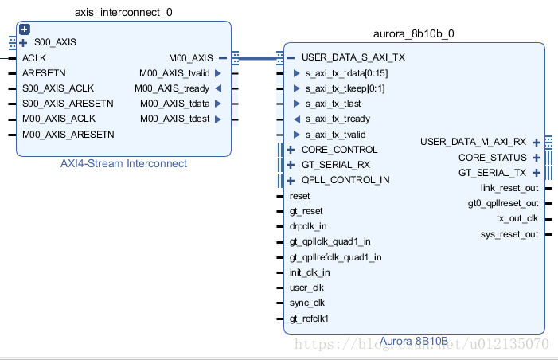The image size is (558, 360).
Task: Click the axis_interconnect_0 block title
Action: coord(123,13)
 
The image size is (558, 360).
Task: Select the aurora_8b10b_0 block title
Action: coord(413,33)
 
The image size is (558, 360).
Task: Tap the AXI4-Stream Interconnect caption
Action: coord(123,163)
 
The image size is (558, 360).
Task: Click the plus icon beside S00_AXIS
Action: coord(23,43)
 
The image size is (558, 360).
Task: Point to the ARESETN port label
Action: coord(44,73)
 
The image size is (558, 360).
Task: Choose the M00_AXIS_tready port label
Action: coord(172,88)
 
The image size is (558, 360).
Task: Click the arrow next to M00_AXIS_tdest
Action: coord(218,119)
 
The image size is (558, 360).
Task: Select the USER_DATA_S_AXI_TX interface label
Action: coord(353,57)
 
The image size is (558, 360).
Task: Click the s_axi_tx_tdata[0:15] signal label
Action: coord(346,73)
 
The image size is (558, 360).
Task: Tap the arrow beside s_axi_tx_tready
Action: coord(297,119)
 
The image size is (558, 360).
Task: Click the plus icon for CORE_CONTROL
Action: coord(291,150)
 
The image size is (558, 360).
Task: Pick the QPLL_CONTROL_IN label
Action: coord(345,180)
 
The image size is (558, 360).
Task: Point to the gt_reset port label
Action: coord(306,212)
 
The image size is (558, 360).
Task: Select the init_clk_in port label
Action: coord(310,272)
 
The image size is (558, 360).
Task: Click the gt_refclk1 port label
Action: coord(309,319)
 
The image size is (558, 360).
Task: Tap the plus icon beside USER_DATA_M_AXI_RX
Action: coord(537,143)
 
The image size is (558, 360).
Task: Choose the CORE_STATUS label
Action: coord(493,158)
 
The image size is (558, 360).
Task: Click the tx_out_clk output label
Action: coord(517,218)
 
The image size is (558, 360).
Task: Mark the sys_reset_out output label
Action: coord(509,234)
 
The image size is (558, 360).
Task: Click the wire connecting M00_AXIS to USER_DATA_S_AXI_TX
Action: coord(258,58)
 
